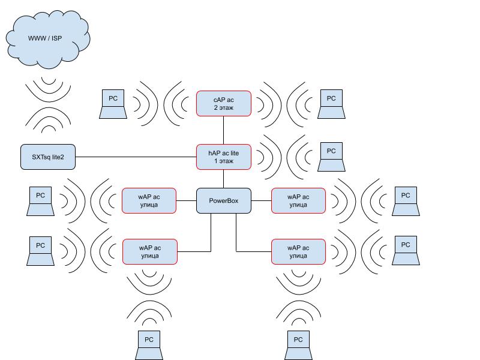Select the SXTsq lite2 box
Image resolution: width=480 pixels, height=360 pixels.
[x=48, y=157]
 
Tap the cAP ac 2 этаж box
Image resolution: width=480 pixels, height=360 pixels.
[x=223, y=103]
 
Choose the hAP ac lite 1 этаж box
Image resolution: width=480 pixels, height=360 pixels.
[x=223, y=157]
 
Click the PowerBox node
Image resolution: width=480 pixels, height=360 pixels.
[x=223, y=200]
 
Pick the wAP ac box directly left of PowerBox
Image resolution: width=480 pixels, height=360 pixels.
[x=149, y=200]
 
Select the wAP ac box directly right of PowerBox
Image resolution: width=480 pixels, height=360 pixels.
[x=298, y=200]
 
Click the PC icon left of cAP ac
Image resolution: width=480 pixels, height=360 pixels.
[x=113, y=103]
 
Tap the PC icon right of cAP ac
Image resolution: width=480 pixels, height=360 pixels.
[x=331, y=103]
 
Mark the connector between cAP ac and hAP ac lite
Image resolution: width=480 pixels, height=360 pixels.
[x=223, y=130]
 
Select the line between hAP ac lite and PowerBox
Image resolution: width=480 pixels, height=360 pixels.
[x=223, y=179]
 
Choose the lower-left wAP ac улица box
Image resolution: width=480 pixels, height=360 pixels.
[x=150, y=251]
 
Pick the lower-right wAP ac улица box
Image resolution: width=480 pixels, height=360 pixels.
[x=298, y=251]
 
